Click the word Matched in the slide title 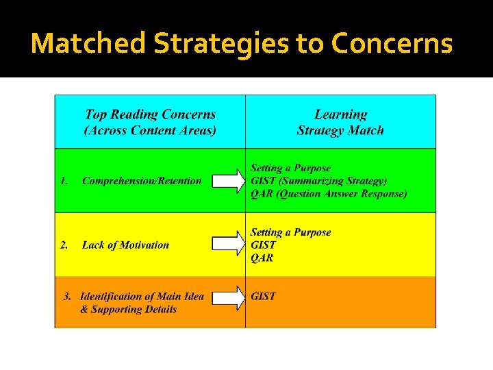(89, 44)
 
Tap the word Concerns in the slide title (392, 44)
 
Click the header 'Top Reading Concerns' (150, 115)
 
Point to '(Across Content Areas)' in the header (150, 130)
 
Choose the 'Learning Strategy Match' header (340, 123)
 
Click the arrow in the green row (228, 181)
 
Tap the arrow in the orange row (228, 297)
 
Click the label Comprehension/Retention (142, 181)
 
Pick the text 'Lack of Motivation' (125, 245)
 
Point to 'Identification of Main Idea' (142, 297)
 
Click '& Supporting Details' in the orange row (128, 310)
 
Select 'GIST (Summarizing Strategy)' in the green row (318, 181)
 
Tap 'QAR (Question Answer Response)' (329, 194)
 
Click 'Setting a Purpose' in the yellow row (290, 232)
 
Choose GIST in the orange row (264, 297)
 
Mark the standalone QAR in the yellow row (262, 258)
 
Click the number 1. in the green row (64, 181)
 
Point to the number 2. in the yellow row (64, 245)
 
